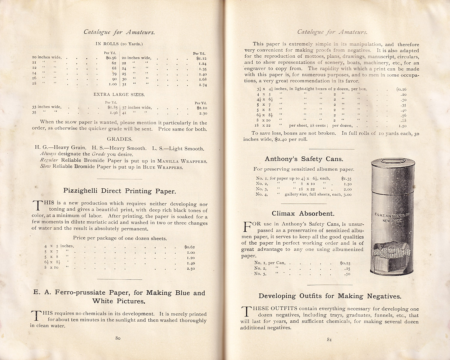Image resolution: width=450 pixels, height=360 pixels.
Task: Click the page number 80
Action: point(118,338)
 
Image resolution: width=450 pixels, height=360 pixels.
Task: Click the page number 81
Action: point(329,340)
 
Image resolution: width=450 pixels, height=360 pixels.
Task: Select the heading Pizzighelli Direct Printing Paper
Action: point(119,191)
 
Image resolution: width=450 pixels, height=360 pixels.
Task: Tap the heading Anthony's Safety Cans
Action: point(304,159)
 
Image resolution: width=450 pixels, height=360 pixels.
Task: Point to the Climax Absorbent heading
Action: point(303,214)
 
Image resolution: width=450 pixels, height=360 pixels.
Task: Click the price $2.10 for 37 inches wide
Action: point(202,108)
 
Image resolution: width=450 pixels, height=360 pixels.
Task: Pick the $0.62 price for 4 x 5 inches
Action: point(190,247)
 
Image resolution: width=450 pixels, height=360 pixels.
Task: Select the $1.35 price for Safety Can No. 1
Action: point(346,178)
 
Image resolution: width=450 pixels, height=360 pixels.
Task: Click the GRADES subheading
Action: point(119,139)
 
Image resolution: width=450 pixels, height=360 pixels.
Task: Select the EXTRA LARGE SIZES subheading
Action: point(119,94)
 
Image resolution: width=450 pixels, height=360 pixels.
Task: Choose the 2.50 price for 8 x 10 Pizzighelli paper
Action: point(191,268)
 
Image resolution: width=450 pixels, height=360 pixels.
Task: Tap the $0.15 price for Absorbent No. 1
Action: point(345,263)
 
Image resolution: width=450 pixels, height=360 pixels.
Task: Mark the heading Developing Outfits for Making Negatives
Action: point(330,296)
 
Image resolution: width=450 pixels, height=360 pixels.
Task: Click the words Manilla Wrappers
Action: point(182,161)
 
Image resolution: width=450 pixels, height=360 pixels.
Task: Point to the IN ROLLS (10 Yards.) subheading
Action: point(119,44)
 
